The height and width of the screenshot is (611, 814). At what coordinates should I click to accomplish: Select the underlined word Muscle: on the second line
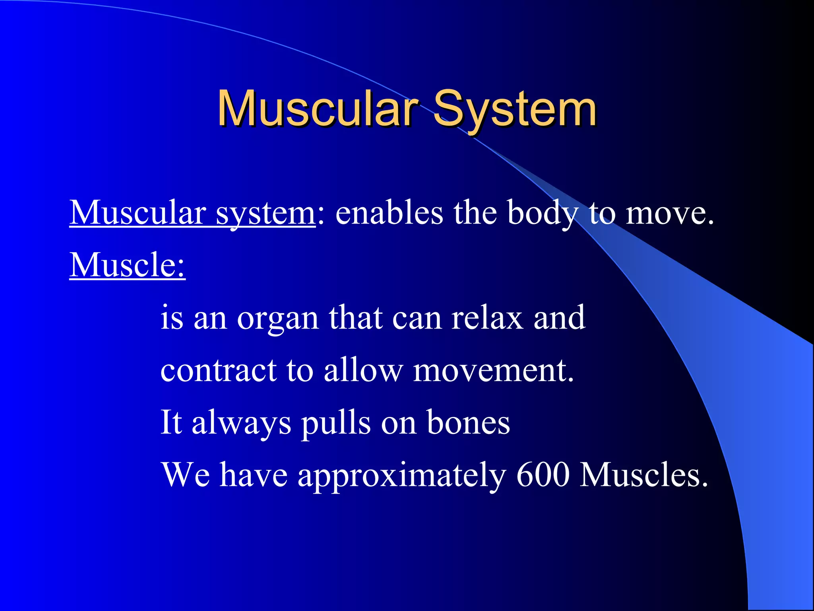click(127, 265)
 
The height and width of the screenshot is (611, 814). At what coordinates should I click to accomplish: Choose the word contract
click(218, 371)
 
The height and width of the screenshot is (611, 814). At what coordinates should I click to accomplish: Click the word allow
click(363, 371)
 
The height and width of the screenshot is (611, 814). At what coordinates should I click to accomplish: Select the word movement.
click(493, 371)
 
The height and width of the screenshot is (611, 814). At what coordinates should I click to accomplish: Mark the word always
click(241, 423)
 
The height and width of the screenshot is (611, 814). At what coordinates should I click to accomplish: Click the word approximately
click(401, 475)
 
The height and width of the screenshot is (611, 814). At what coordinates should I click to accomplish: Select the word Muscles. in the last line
click(643, 475)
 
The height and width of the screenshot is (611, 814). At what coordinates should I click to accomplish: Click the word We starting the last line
click(185, 475)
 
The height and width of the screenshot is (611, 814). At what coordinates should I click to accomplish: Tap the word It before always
click(171, 423)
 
